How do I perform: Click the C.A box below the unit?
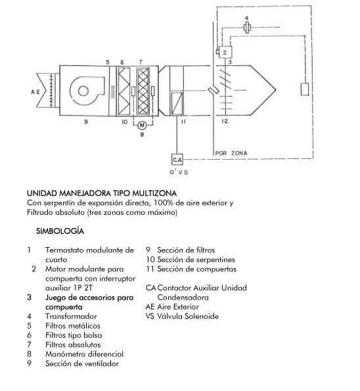177,159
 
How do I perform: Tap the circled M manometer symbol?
142,125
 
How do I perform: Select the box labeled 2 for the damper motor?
225,53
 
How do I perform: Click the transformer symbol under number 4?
247,27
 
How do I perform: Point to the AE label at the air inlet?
35,92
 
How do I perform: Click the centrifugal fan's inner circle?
83,91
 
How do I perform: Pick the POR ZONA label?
231,153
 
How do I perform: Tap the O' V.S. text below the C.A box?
179,172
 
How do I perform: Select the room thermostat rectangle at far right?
305,89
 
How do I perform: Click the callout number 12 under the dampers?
225,121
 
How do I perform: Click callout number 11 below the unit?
183,122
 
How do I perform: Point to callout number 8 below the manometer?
142,135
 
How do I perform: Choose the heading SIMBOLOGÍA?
60,231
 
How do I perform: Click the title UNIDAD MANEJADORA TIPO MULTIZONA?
102,193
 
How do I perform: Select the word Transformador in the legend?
71,316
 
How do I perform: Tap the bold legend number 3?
30,297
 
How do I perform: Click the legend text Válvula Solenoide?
188,316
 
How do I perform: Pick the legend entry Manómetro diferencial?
84,354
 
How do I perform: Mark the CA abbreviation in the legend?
151,288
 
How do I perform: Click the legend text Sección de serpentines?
196,260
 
